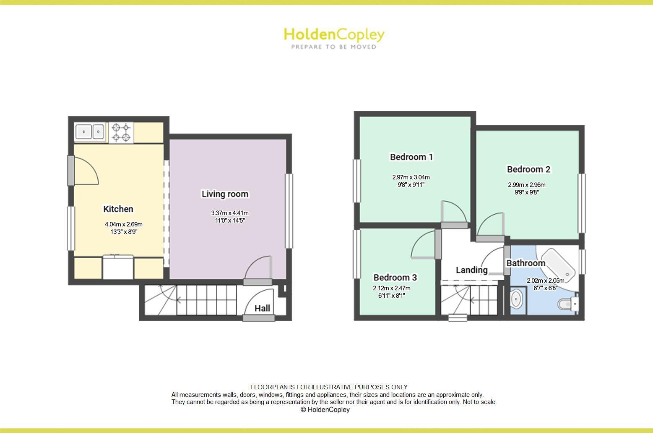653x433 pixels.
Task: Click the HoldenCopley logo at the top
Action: pos(334,35)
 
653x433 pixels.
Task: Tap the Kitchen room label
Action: pos(118,209)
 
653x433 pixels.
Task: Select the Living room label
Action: pos(225,194)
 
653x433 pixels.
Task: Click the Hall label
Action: pos(263,308)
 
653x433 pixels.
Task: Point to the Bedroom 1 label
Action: pos(411,157)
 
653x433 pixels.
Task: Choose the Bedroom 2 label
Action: pos(528,169)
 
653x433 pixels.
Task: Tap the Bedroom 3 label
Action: pos(395,278)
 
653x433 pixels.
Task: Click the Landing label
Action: pos(472,270)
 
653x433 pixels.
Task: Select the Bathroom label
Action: pos(526,263)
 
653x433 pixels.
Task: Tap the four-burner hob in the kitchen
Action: pos(121,132)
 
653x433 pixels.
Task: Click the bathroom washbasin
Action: pos(516,299)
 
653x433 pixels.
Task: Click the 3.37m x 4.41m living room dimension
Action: pos(230,213)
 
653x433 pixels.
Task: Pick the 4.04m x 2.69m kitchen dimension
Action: pos(124,224)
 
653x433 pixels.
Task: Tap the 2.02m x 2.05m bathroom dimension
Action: pos(545,281)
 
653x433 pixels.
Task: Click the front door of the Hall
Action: pos(259,318)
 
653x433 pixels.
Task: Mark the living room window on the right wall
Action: pos(289,211)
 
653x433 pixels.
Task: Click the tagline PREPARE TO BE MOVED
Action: pos(334,47)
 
